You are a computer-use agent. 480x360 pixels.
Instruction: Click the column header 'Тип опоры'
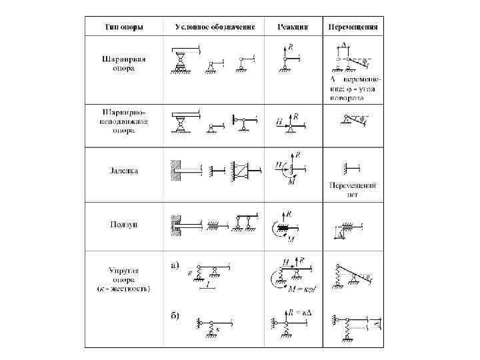coord(125,27)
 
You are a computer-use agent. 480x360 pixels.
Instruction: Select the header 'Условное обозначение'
coord(215,27)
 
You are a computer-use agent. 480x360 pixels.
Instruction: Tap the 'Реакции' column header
coord(293,27)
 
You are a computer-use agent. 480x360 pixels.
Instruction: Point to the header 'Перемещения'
coord(353,27)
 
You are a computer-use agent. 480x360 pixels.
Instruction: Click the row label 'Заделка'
coord(125,171)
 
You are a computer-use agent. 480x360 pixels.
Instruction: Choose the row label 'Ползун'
coord(125,224)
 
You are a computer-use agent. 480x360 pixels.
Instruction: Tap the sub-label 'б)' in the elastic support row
coord(174,315)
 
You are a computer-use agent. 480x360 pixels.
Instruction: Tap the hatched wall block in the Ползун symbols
coord(175,223)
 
